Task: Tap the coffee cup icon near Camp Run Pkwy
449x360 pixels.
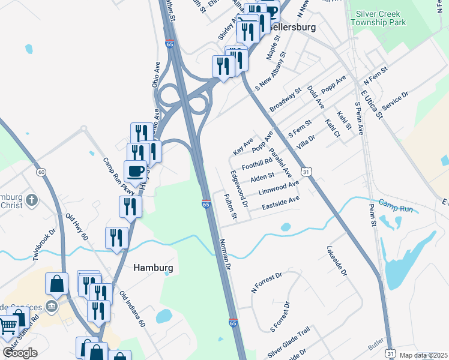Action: pos(136,172)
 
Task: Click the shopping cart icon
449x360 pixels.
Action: pos(8,327)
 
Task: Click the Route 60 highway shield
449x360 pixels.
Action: pos(41,172)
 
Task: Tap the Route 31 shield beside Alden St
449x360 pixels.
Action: pos(306,172)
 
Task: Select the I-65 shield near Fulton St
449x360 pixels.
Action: pos(206,205)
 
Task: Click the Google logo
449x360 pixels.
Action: pos(20,353)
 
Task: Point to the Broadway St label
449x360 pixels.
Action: pos(285,100)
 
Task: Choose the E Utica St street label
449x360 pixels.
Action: pos(371,104)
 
